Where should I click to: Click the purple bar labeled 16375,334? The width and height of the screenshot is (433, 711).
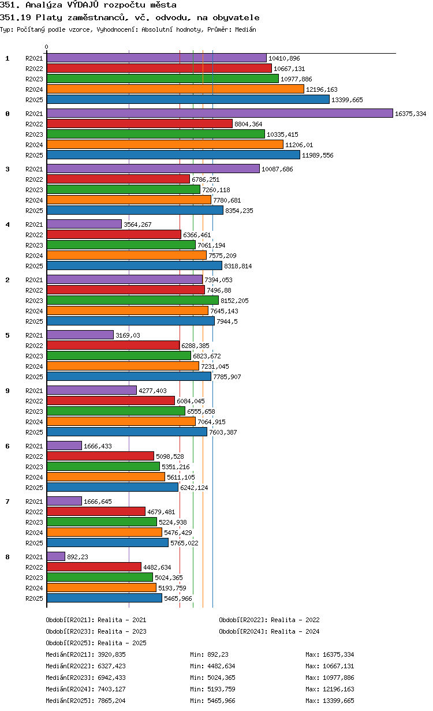219,113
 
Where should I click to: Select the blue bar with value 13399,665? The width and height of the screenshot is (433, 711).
188,100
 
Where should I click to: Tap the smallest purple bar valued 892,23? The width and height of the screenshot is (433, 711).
56,556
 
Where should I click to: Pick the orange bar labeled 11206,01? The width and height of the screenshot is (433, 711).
165,144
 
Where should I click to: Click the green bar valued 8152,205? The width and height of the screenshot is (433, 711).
133,300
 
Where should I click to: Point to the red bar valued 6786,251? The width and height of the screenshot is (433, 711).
118,179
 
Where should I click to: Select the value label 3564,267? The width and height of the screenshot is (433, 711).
137,224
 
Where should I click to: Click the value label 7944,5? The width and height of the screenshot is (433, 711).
227,321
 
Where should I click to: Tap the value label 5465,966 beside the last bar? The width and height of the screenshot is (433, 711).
178,598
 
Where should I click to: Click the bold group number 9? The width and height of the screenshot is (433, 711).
8,391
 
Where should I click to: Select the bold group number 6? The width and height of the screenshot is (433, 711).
8,446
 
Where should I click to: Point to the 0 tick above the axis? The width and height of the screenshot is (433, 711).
47,47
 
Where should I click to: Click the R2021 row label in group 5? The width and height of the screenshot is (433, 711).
34,335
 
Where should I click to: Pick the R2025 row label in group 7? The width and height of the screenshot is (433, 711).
34,543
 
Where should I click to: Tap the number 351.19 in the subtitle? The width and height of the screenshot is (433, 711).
15,18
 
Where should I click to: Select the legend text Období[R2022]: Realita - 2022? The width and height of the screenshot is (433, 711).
269,620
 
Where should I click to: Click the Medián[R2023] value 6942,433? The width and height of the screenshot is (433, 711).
112,678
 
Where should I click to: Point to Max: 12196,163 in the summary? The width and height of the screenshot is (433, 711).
330,689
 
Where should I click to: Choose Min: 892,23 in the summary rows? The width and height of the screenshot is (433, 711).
209,654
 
